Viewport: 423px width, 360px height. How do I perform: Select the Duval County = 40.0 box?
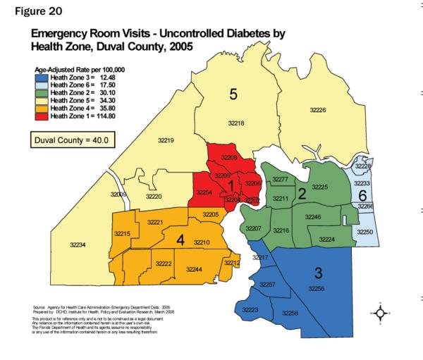[70, 140]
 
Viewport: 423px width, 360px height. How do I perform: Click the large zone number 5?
[233, 95]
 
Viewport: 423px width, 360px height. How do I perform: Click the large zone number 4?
[180, 241]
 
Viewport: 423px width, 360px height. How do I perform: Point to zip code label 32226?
[317, 111]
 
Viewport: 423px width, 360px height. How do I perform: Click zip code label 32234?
[78, 244]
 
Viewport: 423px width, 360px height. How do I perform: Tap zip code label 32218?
[235, 123]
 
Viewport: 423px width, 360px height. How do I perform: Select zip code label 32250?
[364, 232]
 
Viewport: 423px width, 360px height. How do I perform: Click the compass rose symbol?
[380, 312]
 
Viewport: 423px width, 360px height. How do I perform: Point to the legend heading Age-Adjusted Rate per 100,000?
[78, 70]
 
